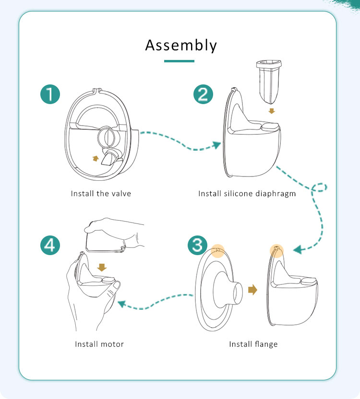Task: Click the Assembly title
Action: (x=181, y=46)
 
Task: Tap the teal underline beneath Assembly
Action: (x=179, y=61)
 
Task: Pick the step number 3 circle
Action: (x=198, y=246)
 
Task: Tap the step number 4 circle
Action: (x=50, y=246)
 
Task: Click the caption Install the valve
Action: (x=101, y=194)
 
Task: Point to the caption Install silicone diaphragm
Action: (x=247, y=194)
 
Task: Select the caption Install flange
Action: (x=253, y=344)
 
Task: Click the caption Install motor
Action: (x=99, y=344)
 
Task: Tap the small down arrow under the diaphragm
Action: (x=272, y=111)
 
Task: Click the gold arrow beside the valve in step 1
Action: (x=96, y=159)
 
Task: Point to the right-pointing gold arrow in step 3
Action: (x=252, y=290)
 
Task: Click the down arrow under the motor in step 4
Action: (x=101, y=266)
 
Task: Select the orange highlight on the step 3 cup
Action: (x=276, y=249)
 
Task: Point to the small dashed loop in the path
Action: (x=319, y=188)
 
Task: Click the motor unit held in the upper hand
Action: (x=104, y=237)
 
